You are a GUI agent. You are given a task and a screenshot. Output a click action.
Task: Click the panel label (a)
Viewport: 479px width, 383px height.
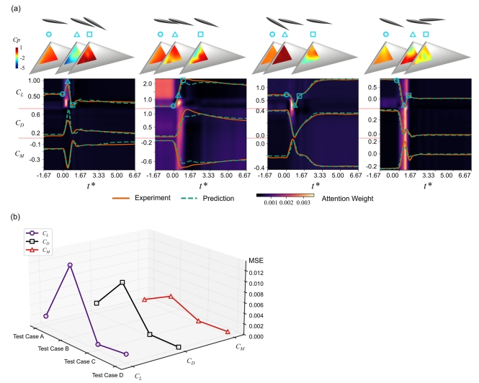(x=16, y=9)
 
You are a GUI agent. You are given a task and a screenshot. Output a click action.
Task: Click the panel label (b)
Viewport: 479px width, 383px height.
(x=16, y=217)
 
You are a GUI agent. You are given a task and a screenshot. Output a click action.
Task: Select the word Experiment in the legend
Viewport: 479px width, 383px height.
(x=153, y=198)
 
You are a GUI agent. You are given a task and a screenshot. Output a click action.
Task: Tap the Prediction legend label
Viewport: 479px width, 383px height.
(x=218, y=198)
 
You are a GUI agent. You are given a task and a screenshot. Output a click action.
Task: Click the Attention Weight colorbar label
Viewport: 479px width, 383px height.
(x=347, y=199)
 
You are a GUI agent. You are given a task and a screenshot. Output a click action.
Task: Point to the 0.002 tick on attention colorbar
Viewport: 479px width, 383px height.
(x=287, y=202)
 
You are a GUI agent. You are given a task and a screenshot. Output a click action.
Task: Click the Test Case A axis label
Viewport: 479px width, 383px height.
(x=28, y=336)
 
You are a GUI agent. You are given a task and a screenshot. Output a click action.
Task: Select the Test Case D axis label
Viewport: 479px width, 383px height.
(x=107, y=375)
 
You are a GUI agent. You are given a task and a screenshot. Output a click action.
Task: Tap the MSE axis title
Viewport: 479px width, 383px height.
(x=256, y=261)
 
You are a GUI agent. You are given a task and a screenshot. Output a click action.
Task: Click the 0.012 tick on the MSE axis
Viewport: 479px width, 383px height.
(x=256, y=273)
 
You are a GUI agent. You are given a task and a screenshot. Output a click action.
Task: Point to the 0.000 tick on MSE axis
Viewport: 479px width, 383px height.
(x=256, y=336)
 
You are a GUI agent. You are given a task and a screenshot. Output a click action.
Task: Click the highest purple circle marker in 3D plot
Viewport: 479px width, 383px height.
(x=70, y=265)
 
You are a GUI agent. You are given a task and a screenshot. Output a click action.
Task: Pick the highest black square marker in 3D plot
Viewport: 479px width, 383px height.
(x=122, y=282)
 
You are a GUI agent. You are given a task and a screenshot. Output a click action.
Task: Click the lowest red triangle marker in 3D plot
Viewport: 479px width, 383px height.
(x=228, y=332)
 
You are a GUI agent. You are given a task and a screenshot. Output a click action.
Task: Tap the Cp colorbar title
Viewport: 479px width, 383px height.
(x=17, y=40)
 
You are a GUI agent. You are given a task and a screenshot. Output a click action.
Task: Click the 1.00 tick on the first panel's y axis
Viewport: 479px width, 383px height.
(x=34, y=81)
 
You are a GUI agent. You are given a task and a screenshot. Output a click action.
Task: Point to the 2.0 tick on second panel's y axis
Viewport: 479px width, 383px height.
(x=148, y=84)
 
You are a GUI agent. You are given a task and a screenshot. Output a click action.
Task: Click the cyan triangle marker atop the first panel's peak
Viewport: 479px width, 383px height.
(x=68, y=81)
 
